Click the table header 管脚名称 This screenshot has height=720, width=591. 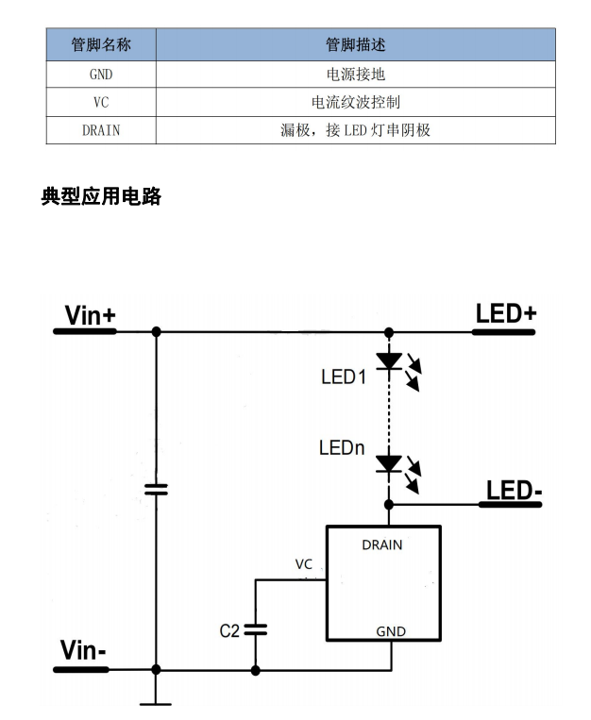tap(101, 44)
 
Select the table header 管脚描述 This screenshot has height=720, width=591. tap(355, 44)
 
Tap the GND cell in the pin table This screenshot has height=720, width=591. tap(101, 74)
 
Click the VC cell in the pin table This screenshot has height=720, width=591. tap(101, 102)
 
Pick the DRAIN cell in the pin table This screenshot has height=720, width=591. tap(101, 130)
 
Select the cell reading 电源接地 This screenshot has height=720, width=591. tap(355, 74)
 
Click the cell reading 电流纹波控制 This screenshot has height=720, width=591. tap(355, 102)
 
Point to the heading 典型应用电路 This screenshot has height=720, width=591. tap(101, 197)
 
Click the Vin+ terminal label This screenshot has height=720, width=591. tap(90, 315)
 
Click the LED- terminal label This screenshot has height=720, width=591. tap(514, 491)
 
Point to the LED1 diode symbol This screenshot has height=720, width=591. tap(389, 360)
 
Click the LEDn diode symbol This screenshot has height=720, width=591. tap(389, 463)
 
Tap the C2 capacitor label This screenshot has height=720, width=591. tap(229, 630)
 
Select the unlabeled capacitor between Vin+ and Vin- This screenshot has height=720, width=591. tap(156, 489)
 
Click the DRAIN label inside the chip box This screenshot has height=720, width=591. tap(381, 544)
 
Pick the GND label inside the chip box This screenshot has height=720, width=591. tap(391, 631)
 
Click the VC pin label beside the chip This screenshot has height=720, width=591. tap(303, 564)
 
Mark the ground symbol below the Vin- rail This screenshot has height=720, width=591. tap(156, 700)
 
